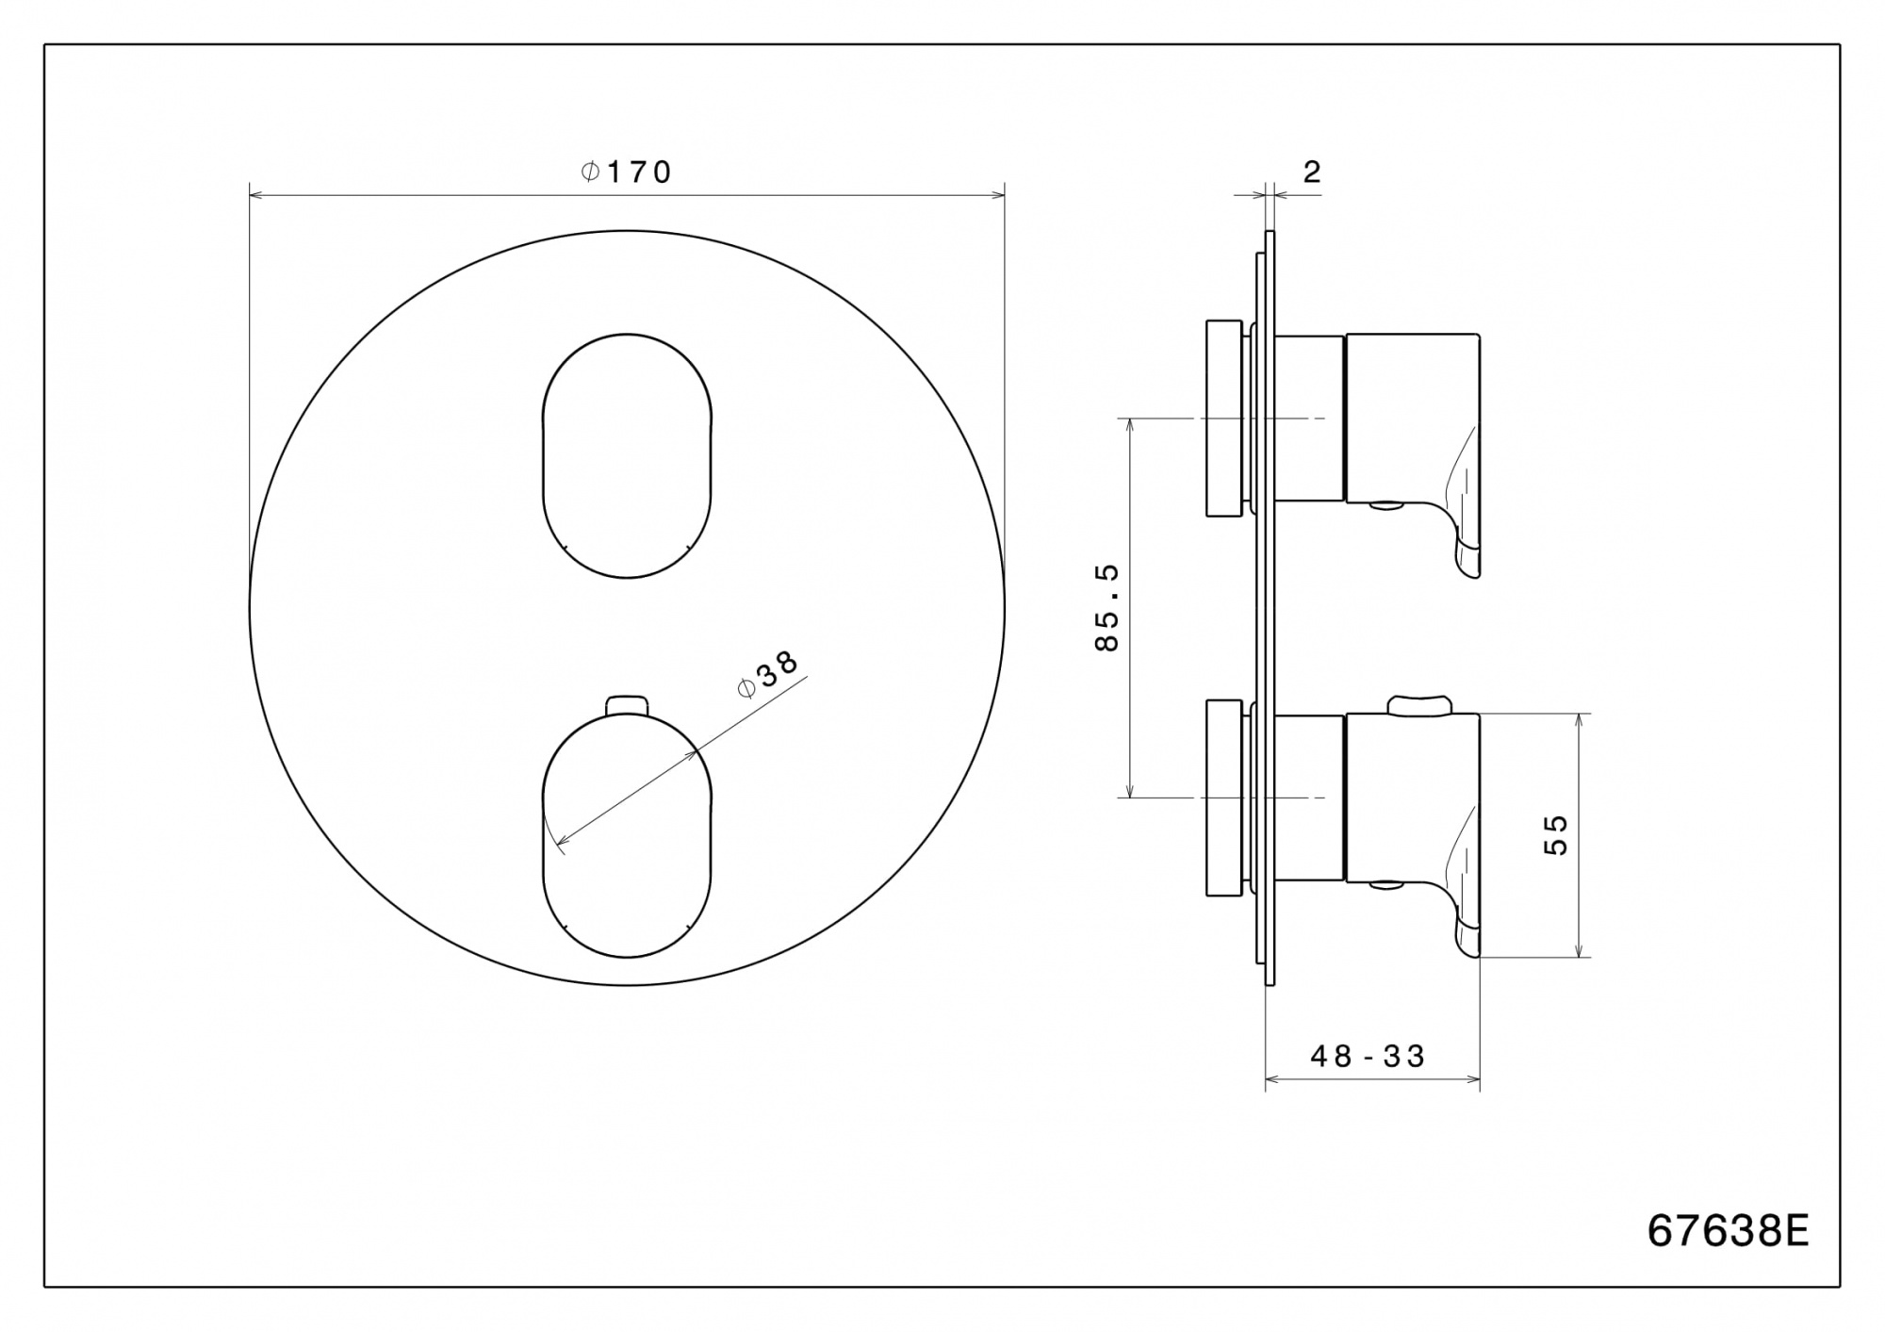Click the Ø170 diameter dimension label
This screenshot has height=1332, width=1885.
click(626, 172)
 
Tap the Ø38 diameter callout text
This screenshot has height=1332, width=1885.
click(768, 674)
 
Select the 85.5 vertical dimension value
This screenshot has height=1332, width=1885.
click(1106, 607)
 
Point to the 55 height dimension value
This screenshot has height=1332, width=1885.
click(1555, 834)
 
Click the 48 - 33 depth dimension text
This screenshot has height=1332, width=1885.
click(1368, 1056)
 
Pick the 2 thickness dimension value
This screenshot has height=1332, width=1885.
click(1312, 172)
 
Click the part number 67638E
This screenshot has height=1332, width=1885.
click(1728, 1230)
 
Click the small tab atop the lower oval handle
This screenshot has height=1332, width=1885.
click(627, 704)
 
